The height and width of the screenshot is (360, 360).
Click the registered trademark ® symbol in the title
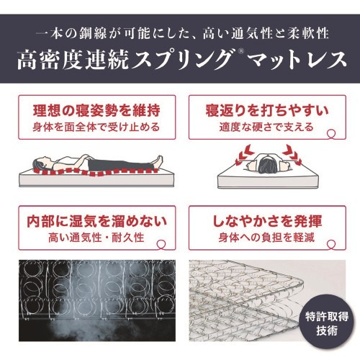tap(242, 51)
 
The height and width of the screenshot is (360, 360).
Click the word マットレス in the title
tap(297, 60)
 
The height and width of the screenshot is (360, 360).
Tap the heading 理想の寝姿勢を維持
tap(96, 111)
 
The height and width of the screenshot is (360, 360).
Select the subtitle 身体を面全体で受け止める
tap(96, 127)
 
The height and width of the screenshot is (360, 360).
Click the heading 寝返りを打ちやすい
tap(267, 111)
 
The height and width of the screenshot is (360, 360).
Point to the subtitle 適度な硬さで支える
tap(266, 127)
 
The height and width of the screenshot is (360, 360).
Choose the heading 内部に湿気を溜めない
tap(96, 221)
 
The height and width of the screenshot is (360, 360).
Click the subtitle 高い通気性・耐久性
tap(96, 238)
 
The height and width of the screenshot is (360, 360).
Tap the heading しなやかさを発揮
tap(267, 221)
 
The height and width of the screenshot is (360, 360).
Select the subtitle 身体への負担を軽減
tap(266, 238)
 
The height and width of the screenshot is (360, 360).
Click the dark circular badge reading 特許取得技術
tap(327, 323)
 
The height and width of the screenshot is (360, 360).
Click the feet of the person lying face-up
tap(158, 161)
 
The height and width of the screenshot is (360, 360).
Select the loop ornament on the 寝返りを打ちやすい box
tap(332, 134)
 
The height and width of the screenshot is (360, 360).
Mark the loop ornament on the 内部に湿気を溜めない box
tap(161, 244)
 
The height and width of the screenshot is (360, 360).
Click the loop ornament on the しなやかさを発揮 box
tap(332, 244)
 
